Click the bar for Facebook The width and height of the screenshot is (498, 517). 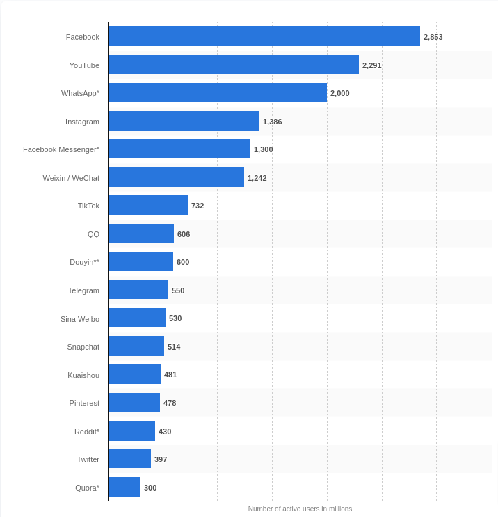(x=264, y=36)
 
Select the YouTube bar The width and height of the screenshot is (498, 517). (x=233, y=65)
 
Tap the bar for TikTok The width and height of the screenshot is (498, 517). (x=147, y=205)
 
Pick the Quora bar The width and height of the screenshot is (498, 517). (x=124, y=487)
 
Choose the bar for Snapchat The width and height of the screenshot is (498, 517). (x=136, y=346)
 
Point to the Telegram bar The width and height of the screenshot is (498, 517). (x=138, y=290)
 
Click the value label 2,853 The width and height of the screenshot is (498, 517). (x=433, y=37)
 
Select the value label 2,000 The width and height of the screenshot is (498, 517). (x=339, y=93)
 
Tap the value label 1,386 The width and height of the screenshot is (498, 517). (x=272, y=122)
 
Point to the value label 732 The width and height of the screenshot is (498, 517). (x=198, y=206)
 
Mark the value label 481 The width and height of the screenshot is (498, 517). (x=170, y=375)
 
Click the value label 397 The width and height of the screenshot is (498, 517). (x=161, y=459)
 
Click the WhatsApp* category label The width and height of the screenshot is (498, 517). (x=80, y=93)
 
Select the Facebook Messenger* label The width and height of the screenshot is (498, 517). (x=61, y=149)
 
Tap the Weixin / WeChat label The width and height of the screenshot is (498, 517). (x=71, y=178)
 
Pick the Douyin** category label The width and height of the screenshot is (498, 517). (x=84, y=262)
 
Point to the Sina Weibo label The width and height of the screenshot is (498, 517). (x=80, y=319)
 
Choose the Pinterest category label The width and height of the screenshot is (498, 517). (x=84, y=403)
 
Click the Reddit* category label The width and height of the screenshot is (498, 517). (x=87, y=432)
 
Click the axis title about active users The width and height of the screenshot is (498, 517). (x=300, y=509)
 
